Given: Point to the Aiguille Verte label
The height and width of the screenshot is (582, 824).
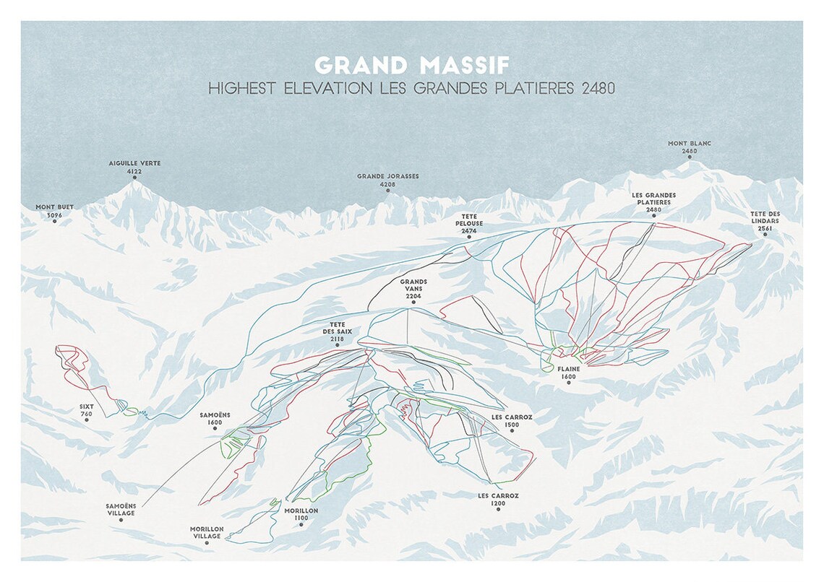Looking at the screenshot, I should click(x=134, y=164).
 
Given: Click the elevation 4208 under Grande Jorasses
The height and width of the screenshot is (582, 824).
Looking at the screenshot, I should click(x=388, y=185).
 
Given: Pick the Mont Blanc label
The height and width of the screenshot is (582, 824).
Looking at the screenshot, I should click(x=690, y=144).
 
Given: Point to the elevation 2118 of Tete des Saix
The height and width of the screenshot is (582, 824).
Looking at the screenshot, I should click(x=338, y=339).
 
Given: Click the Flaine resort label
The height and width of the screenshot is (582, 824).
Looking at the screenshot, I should click(x=569, y=369).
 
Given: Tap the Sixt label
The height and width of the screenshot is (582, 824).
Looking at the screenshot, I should click(x=87, y=407).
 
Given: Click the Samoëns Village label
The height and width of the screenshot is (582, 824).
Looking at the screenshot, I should click(x=121, y=509).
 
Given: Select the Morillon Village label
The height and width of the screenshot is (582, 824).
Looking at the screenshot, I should click(x=207, y=532).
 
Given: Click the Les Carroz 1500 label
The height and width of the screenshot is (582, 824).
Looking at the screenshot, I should click(x=512, y=421).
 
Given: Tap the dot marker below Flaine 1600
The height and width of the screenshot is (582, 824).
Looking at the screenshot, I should click(x=569, y=383).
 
